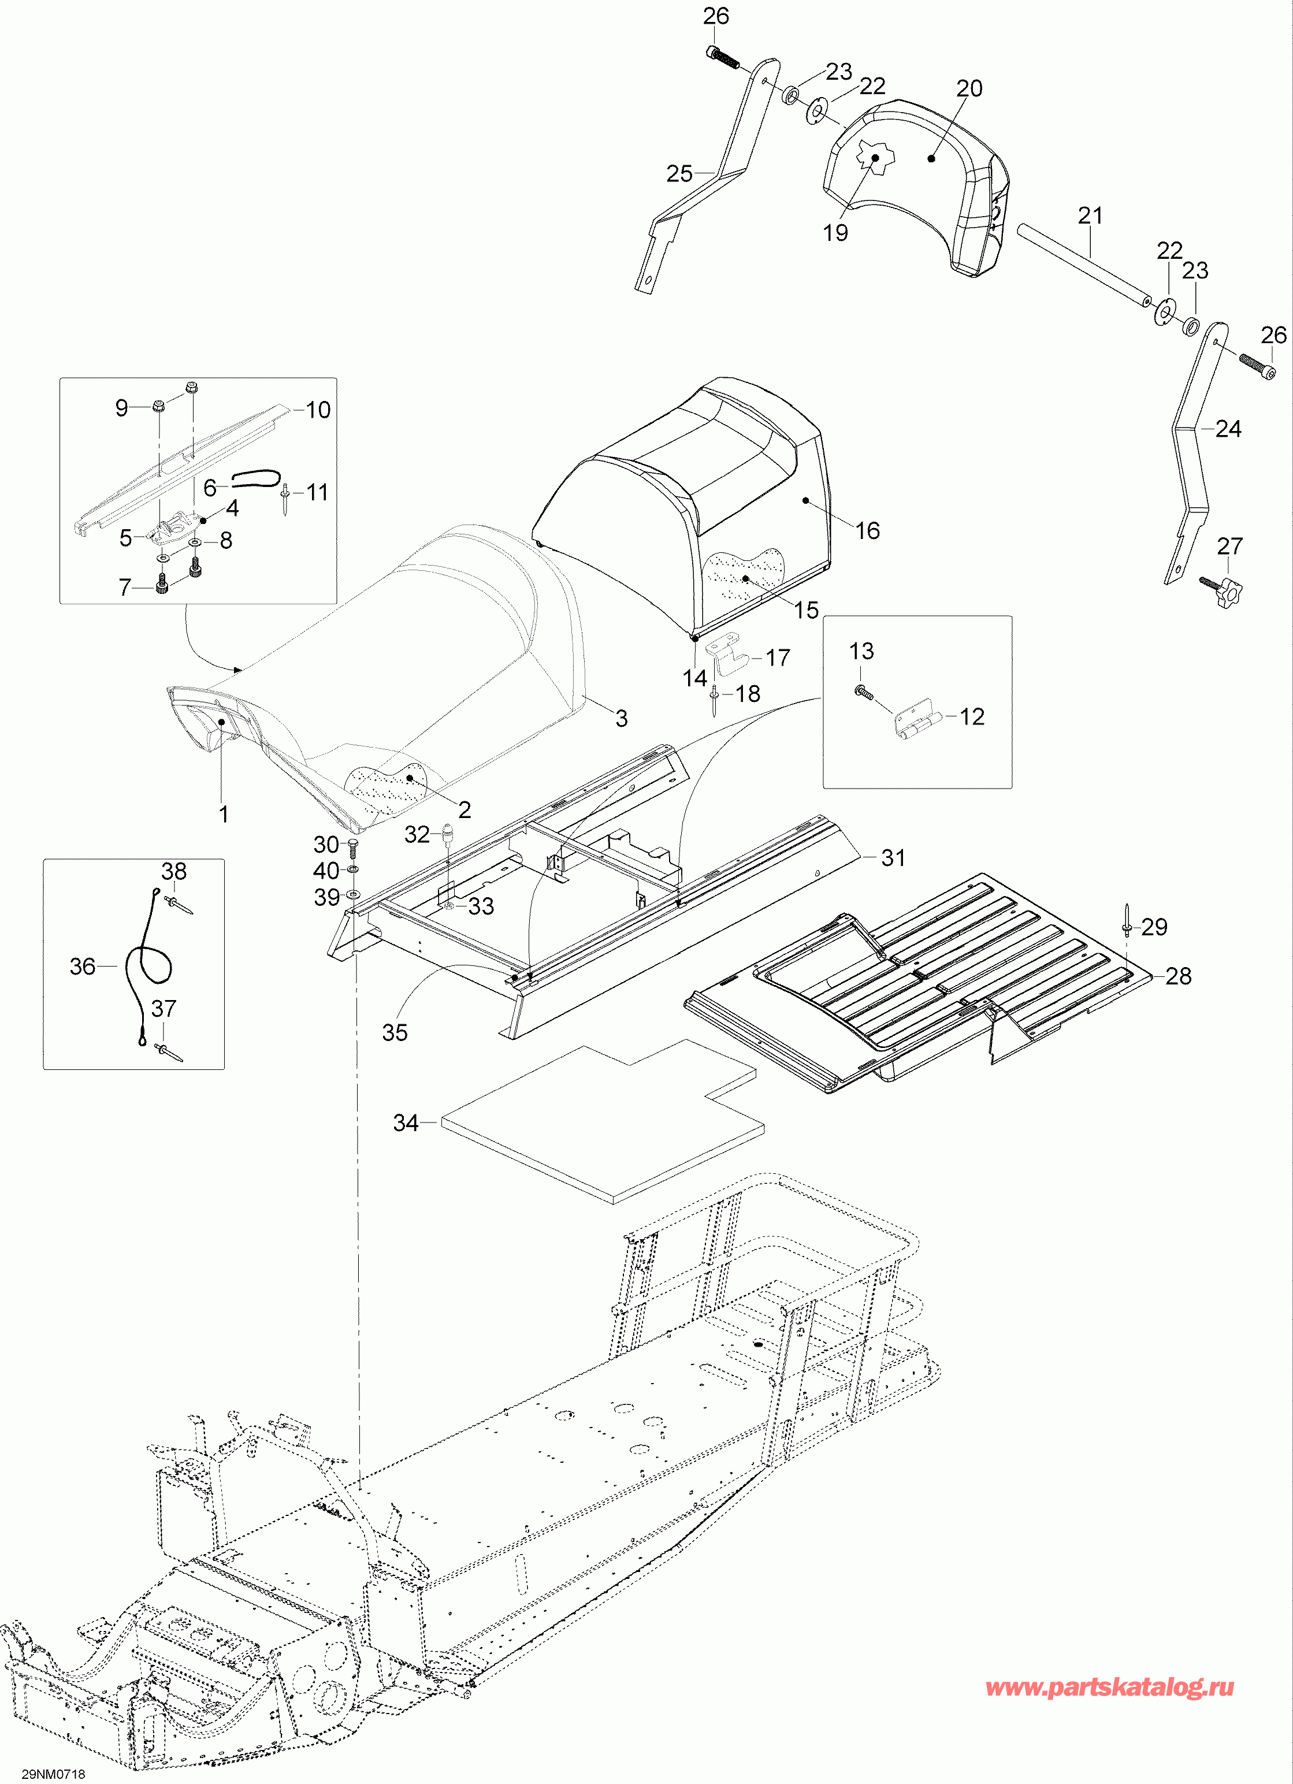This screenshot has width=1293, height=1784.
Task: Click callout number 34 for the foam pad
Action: (x=405, y=1123)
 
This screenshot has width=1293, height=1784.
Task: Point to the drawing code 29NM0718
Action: (x=53, y=1774)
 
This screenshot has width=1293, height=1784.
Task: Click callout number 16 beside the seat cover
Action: (x=868, y=530)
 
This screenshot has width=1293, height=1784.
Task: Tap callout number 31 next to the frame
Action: (x=893, y=857)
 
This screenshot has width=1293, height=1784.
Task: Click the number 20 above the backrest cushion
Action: (x=969, y=88)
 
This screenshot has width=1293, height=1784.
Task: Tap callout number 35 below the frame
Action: (x=395, y=1033)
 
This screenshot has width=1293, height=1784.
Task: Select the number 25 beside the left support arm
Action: (x=679, y=173)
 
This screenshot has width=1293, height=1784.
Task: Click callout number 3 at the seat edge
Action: (x=621, y=718)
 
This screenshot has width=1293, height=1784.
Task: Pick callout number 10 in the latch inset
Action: (x=318, y=409)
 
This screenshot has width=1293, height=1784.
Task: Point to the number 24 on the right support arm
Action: (x=1228, y=429)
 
